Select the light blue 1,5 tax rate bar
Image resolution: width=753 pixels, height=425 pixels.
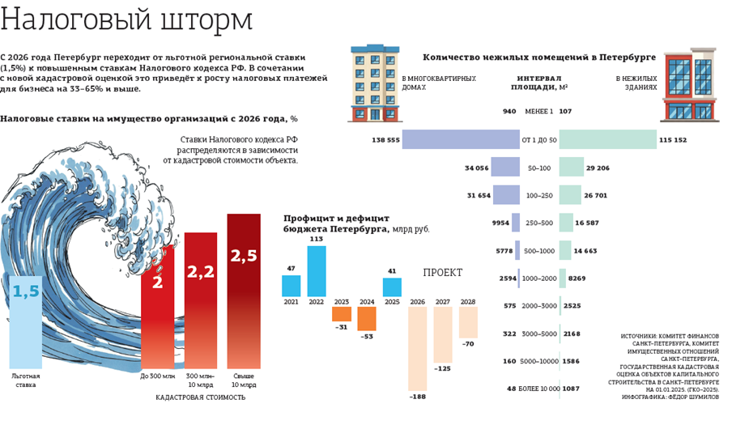[25, 324]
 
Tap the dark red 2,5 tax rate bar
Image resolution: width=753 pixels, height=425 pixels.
[244, 291]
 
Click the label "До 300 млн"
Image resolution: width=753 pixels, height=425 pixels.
[158, 376]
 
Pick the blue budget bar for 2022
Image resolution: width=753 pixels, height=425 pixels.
[317, 271]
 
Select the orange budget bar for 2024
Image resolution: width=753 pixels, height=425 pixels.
[367, 317]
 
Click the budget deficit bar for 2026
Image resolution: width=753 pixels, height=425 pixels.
[417, 348]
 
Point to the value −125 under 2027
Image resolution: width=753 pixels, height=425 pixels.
[443, 369]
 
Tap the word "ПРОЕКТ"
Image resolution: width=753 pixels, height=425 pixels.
[443, 273]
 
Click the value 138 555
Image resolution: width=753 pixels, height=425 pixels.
[386, 140]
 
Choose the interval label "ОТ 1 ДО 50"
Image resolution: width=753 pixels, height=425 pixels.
[540, 140]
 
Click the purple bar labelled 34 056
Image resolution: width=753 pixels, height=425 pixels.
[506, 168]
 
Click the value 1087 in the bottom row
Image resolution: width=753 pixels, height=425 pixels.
[571, 389]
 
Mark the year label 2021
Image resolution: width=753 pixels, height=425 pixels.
[291, 303]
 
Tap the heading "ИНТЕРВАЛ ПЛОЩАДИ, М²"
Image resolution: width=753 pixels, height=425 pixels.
[541, 83]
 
